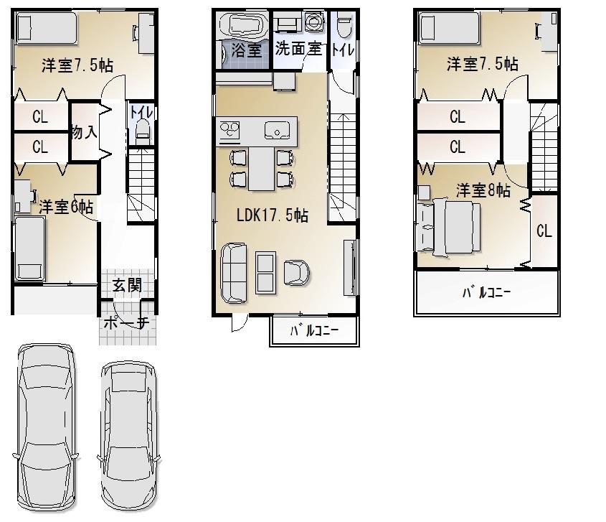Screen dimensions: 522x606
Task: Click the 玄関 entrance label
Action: pos(126,286)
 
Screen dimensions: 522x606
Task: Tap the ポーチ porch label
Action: pos(126,323)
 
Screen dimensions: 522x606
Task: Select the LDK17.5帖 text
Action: pos(273,215)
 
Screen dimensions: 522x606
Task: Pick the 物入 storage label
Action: pos(84,132)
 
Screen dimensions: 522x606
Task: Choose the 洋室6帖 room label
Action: pos(66,207)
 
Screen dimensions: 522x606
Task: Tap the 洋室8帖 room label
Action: pos(483,190)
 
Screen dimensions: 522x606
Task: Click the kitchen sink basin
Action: pos(276,131)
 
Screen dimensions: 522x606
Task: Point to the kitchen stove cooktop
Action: pos(230,131)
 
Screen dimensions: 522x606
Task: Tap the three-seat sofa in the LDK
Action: pos(234,272)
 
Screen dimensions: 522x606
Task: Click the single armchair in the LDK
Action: pos(296,272)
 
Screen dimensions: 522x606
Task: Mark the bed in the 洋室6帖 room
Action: pos(29,248)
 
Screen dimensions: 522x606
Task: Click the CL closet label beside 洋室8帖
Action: pos(544,231)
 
